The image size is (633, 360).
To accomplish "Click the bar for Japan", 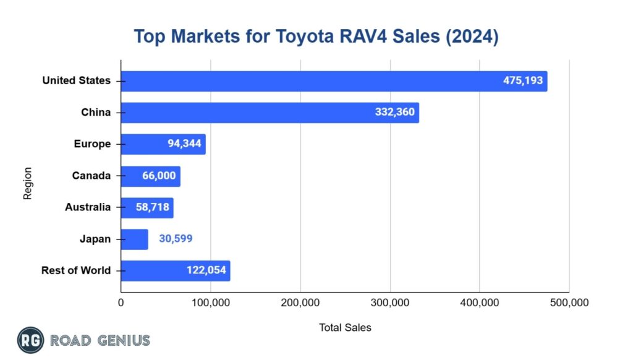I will [x=134, y=239].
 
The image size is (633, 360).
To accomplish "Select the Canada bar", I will [x=150, y=176].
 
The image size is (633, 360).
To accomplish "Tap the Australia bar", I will [x=147, y=207].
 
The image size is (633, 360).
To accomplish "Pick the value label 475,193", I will [x=522, y=81].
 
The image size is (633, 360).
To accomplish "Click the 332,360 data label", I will [x=394, y=113].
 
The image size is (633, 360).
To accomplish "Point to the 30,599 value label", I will [x=176, y=239].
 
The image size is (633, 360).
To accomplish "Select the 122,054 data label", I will [x=206, y=270].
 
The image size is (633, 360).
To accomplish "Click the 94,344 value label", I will [x=183, y=144].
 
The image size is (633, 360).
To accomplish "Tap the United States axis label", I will [x=77, y=80].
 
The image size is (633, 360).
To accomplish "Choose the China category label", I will [x=96, y=113].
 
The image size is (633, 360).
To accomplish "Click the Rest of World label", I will [x=76, y=270].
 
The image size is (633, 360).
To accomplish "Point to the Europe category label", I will [x=92, y=144].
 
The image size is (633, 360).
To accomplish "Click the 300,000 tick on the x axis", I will [x=390, y=303].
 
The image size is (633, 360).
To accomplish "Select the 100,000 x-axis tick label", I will [x=210, y=303].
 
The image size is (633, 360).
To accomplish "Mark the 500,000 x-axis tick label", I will [x=569, y=303].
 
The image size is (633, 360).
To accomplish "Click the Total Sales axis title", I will [x=345, y=327].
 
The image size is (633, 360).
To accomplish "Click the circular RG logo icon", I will [x=30, y=340].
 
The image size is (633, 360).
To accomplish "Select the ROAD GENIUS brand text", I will [x=100, y=340].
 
